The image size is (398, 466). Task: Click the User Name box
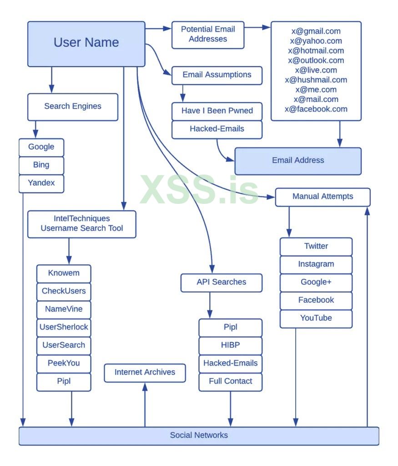coord(86,44)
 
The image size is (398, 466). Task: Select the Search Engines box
coord(73,106)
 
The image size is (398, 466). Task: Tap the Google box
coord(41,147)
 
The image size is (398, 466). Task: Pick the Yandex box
coord(41,183)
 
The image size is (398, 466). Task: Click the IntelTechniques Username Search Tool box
coord(82,224)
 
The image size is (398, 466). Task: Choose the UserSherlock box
coord(64,327)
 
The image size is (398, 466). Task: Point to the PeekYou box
coord(64,363)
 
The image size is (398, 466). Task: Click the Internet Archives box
coord(145,372)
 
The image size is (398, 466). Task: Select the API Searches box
coord(222,282)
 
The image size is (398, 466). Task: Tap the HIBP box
coord(230,345)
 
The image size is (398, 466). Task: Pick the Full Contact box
coord(230,381)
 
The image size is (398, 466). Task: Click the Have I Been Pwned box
coord(217,111)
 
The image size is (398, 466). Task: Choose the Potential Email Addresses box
coord(208,35)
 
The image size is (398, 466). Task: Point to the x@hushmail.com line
coord(316,80)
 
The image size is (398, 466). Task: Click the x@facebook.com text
coord(316,109)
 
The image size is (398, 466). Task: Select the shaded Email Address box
coord(298,161)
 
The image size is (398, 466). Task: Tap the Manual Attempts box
coord(322,197)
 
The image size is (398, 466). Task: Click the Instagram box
coord(316,264)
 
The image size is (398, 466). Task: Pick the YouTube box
coord(316,318)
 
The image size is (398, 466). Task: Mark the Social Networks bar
coord(199,436)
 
